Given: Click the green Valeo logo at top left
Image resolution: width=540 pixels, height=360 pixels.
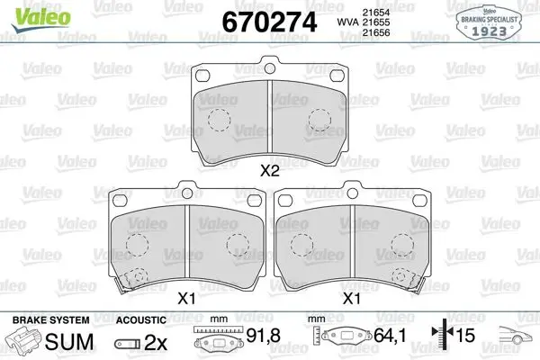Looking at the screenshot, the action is [x=41, y=19].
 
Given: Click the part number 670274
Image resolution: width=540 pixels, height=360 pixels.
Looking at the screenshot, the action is [x=269, y=22].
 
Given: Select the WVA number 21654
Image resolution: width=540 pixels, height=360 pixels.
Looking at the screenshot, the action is [x=375, y=13].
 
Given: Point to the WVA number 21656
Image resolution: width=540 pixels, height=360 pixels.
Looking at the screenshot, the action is [x=375, y=32].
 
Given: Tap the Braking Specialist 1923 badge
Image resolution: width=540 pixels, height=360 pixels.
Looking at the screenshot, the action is [x=489, y=22].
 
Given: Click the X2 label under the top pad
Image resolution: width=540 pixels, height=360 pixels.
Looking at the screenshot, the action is [x=270, y=170].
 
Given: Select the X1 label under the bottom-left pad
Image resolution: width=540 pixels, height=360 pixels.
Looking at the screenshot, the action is [x=186, y=298].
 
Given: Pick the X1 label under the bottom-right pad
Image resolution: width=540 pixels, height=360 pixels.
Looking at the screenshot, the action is [x=352, y=298].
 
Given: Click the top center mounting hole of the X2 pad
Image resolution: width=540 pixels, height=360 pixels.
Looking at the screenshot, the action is [x=270, y=68].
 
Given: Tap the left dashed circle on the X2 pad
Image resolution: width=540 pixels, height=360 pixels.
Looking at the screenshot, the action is [x=219, y=121].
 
